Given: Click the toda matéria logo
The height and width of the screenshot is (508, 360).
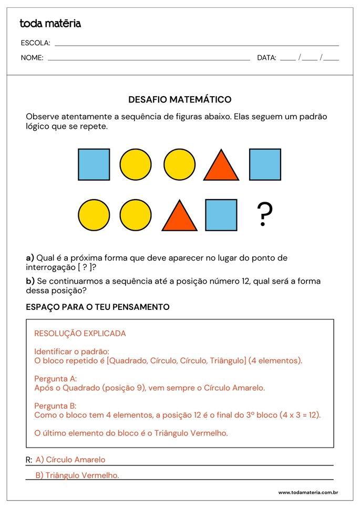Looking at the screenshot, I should (50, 24).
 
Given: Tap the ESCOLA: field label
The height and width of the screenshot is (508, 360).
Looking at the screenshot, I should (35, 43).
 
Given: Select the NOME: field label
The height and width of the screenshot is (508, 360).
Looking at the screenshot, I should (32, 58).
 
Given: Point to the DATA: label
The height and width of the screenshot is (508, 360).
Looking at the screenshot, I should (266, 58).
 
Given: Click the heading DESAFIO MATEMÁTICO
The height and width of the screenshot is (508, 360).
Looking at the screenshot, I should (180, 99).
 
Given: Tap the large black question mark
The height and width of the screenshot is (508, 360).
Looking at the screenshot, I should (264, 215).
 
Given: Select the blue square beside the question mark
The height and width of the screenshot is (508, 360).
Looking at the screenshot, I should (221, 215).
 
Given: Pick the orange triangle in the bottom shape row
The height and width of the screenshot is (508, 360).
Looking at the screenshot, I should (179, 216).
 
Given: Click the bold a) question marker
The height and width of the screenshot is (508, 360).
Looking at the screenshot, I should (30, 258).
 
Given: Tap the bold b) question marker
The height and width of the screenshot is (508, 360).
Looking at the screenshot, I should (30, 281).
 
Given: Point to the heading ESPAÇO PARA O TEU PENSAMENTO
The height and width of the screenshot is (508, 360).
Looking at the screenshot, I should (98, 307).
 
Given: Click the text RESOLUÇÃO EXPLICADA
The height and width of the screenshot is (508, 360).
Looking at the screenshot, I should (80, 334).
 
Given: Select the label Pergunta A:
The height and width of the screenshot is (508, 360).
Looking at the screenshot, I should (56, 378).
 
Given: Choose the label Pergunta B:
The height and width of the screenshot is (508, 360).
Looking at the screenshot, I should (55, 406).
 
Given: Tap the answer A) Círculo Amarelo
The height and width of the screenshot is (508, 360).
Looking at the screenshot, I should (70, 460).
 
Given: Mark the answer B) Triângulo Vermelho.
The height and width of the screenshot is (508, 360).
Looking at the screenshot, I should (77, 475).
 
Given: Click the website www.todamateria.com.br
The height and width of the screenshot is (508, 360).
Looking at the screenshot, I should (308, 493).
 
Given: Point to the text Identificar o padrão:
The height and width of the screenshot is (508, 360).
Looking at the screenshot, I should (72, 351).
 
